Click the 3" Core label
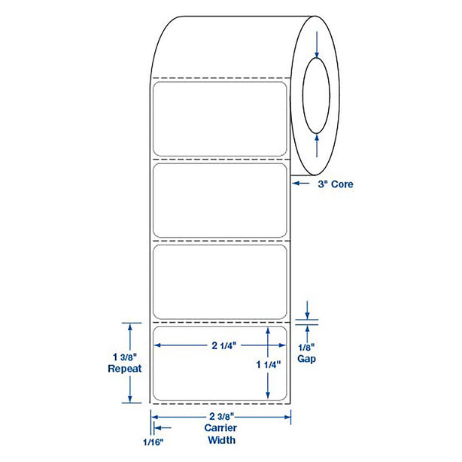pos(336,184)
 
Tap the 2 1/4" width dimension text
pos(224,345)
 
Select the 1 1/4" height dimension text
pos(269,365)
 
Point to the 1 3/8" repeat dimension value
pos(125,357)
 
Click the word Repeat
pos(125,369)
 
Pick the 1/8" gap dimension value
pos(306,348)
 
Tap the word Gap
pos(306,359)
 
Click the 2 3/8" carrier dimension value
pos(221,416)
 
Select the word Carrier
pos(220,428)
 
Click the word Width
pos(221,440)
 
